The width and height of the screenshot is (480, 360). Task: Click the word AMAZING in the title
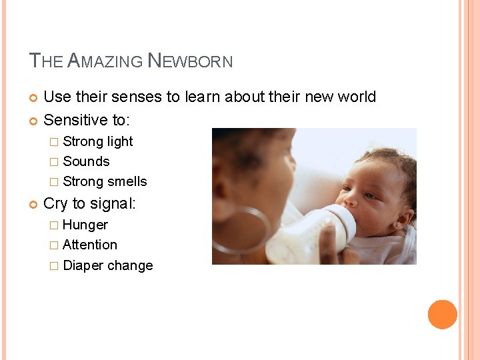tap(105, 61)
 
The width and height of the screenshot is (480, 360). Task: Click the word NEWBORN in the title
tap(190, 61)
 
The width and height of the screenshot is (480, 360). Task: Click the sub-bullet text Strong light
tap(98, 141)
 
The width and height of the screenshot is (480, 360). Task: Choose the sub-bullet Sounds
tap(86, 161)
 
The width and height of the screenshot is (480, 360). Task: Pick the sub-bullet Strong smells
tap(105, 181)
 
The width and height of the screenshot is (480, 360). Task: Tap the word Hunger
tap(85, 225)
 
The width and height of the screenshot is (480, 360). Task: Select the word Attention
tap(90, 245)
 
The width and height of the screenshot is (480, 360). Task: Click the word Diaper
tap(83, 265)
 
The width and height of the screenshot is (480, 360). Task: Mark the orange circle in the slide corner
tap(442, 315)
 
